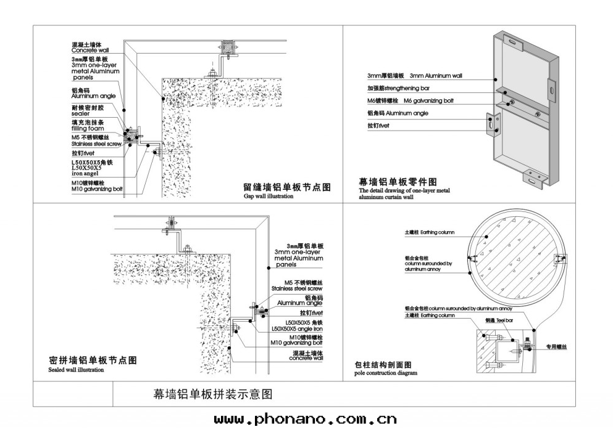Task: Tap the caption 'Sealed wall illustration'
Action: (76, 370)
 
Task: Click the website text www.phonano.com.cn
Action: (305, 420)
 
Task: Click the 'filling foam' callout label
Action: (88, 129)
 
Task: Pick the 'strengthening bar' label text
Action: (427, 88)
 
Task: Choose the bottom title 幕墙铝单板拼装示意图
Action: (212, 393)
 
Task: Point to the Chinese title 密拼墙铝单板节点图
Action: (92, 361)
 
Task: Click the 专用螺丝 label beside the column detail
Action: (556, 347)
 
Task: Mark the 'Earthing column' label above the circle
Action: (437, 232)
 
